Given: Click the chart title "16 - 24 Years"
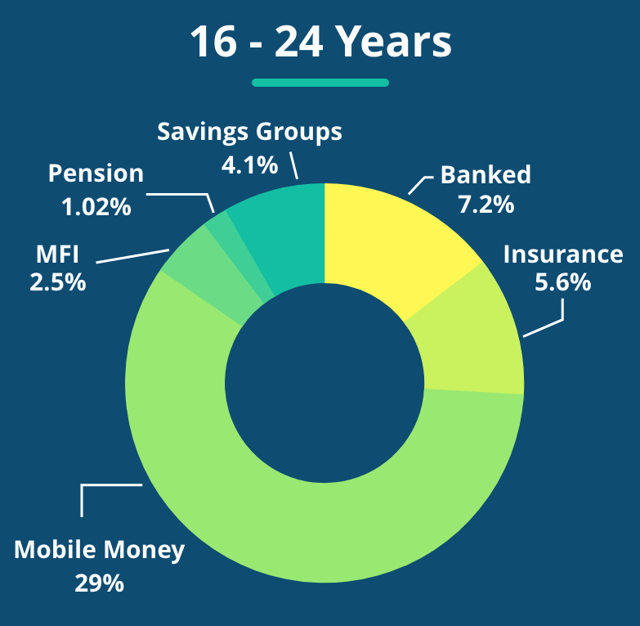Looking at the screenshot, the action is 320,42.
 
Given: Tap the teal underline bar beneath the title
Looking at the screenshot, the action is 320,83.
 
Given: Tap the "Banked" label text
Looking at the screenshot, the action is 486,175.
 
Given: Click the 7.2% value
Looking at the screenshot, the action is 486,205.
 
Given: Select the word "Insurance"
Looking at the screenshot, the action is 563,254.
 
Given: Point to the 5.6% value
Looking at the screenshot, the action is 563,282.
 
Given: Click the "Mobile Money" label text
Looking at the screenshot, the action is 99,550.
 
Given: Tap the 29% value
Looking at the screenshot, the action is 99,583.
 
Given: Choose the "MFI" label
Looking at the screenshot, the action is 57,254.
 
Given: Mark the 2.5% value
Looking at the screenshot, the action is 57,282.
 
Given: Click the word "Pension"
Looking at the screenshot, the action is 96,173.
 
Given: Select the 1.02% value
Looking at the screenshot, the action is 96,207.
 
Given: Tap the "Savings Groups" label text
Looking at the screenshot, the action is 249,133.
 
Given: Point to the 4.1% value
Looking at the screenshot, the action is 249,165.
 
